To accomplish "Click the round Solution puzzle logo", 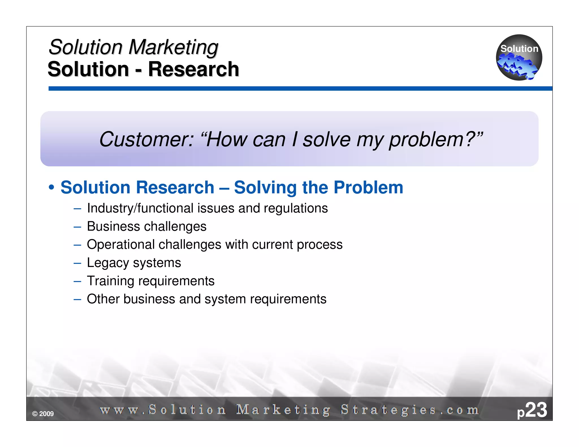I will [x=519, y=57].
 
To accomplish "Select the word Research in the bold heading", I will [x=194, y=69].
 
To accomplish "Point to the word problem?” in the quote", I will [x=436, y=140].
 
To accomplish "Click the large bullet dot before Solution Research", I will [x=51, y=188].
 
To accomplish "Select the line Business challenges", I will [x=146, y=226].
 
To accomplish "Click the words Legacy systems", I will [x=134, y=263].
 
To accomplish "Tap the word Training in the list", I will [x=110, y=281].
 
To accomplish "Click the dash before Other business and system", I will [x=77, y=299].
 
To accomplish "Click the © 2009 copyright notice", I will [x=43, y=414].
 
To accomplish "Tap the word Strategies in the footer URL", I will [x=388, y=410].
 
